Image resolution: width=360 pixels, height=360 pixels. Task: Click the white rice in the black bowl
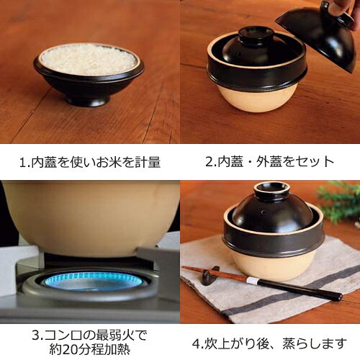[x=88, y=59]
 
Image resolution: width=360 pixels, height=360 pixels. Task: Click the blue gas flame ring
[x=92, y=280]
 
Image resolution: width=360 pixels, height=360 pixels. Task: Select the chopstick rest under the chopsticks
[x=210, y=275]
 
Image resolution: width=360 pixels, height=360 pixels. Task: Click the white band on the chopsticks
[x=252, y=280]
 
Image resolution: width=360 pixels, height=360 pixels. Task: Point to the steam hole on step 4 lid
[x=264, y=212]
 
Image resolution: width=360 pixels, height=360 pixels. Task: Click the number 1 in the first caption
[x=22, y=163]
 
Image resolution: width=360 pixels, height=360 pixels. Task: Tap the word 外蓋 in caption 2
[x=269, y=161]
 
